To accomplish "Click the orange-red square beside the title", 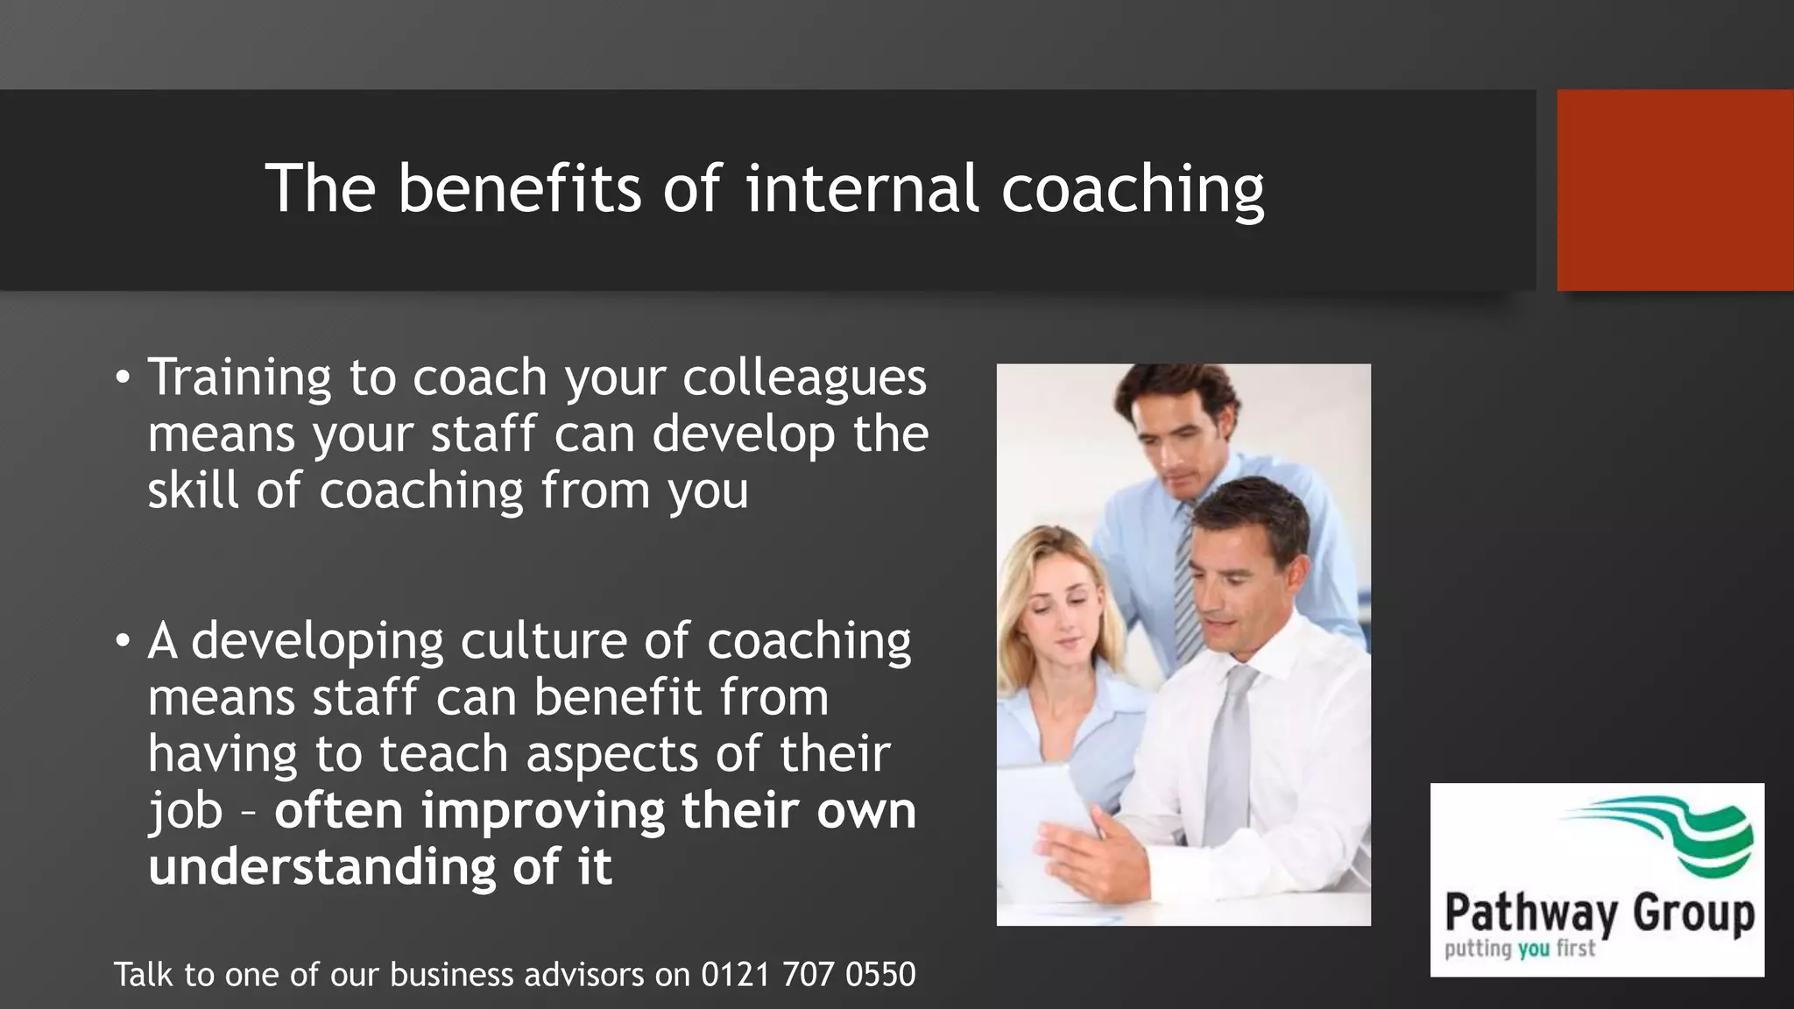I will point(1674,190).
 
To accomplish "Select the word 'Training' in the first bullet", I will point(238,378).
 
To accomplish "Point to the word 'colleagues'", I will point(804,378).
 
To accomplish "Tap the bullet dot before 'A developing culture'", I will point(123,642).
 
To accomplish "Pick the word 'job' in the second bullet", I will point(185,812).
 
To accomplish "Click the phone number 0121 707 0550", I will point(808,975).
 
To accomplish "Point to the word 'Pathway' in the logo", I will point(1531,913).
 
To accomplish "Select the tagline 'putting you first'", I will point(1520,949).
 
